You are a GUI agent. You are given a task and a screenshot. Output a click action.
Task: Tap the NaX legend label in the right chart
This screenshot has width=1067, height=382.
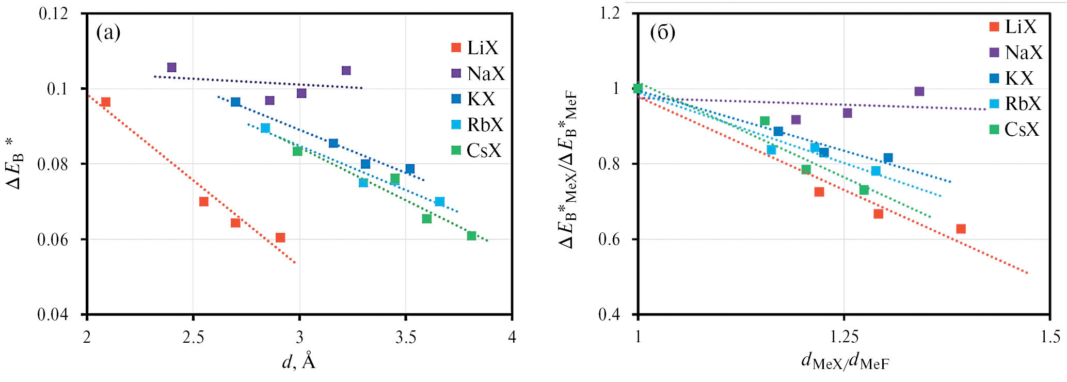[x=1024, y=53]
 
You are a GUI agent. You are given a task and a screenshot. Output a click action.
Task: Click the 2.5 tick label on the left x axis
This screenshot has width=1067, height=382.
[x=193, y=337]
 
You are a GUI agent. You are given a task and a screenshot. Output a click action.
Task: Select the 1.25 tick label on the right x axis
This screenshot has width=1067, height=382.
[x=844, y=337]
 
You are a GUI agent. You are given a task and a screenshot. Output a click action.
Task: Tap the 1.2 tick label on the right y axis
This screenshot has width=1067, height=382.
[x=609, y=13]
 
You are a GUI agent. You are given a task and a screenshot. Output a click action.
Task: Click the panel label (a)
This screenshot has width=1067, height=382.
[x=108, y=33]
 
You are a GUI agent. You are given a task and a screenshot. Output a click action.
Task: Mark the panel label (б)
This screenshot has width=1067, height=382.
[x=662, y=33]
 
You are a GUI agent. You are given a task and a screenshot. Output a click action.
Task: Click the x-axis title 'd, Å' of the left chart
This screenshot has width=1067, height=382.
[x=299, y=362]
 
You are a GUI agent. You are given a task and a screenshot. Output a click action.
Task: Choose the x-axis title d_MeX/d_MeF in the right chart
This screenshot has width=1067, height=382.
[x=845, y=362]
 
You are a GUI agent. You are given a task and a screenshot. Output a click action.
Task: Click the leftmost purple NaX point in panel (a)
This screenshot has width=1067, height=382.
[x=172, y=68]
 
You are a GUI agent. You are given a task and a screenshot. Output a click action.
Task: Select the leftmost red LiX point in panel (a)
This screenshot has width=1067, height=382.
[x=106, y=102]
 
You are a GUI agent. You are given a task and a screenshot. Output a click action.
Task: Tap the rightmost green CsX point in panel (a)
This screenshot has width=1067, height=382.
[x=471, y=236]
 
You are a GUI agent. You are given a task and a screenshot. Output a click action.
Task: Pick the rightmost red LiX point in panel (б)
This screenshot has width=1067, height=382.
[x=961, y=229]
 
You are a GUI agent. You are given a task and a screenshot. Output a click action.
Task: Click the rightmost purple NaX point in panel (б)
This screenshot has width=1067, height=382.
[x=919, y=91]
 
